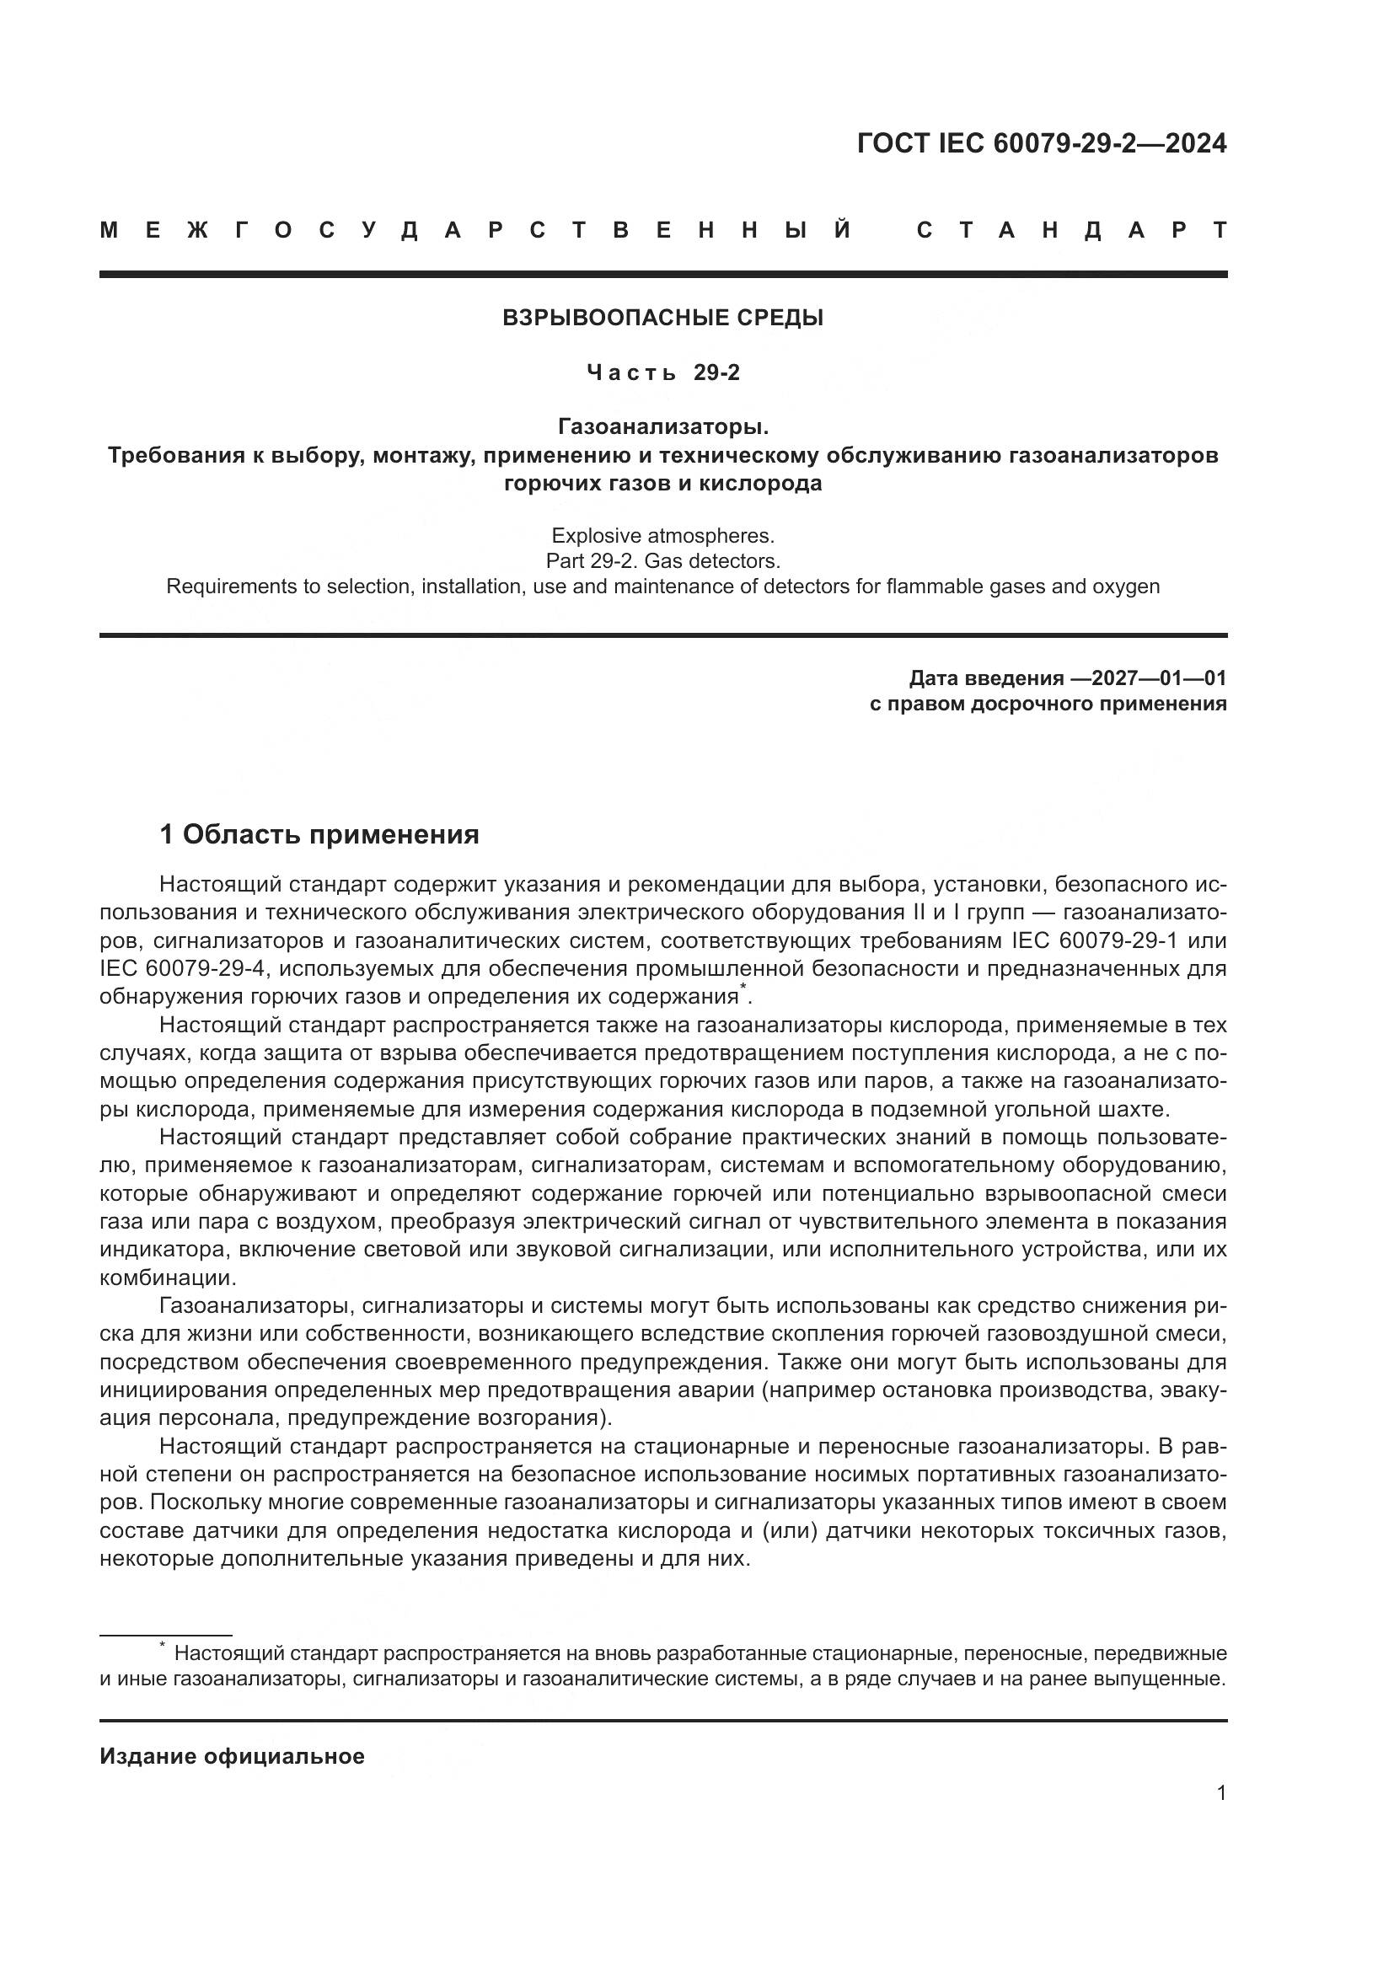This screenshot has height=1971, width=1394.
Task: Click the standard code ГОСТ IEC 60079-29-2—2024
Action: (x=1041, y=143)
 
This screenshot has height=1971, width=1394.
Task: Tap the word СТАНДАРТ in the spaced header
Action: (x=1071, y=231)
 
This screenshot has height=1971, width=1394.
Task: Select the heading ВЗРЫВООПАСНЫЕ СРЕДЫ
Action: (x=662, y=319)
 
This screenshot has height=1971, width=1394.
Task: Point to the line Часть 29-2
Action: (x=662, y=372)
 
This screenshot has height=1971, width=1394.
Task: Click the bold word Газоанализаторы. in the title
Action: (x=662, y=426)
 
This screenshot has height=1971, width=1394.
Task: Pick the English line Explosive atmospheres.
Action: (x=662, y=536)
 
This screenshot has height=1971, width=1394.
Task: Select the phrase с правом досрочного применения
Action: (x=1048, y=704)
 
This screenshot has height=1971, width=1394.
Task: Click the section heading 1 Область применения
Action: (x=319, y=834)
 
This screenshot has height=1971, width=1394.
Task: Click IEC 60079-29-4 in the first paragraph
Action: (x=183, y=969)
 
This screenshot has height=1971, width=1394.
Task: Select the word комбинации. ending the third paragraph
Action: (x=168, y=1278)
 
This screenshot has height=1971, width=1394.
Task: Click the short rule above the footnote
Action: (x=166, y=1636)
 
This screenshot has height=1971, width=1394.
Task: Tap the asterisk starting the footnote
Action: (x=161, y=1647)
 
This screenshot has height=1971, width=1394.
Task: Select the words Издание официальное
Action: (x=232, y=1756)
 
